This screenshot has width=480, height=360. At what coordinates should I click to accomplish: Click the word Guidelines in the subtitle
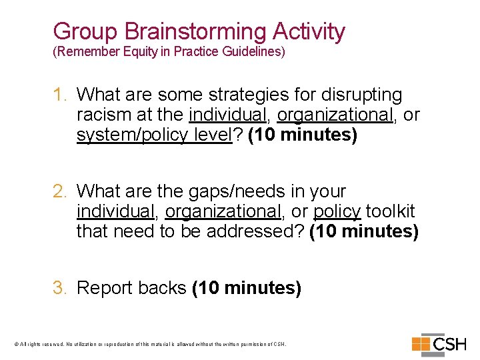coord(257,52)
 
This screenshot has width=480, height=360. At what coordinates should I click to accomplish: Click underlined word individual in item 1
coord(228,115)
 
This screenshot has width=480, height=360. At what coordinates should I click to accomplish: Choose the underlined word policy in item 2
coord(337,212)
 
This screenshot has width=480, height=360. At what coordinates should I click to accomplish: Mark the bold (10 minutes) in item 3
coord(247,288)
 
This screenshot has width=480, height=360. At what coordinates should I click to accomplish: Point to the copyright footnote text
coord(150,345)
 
